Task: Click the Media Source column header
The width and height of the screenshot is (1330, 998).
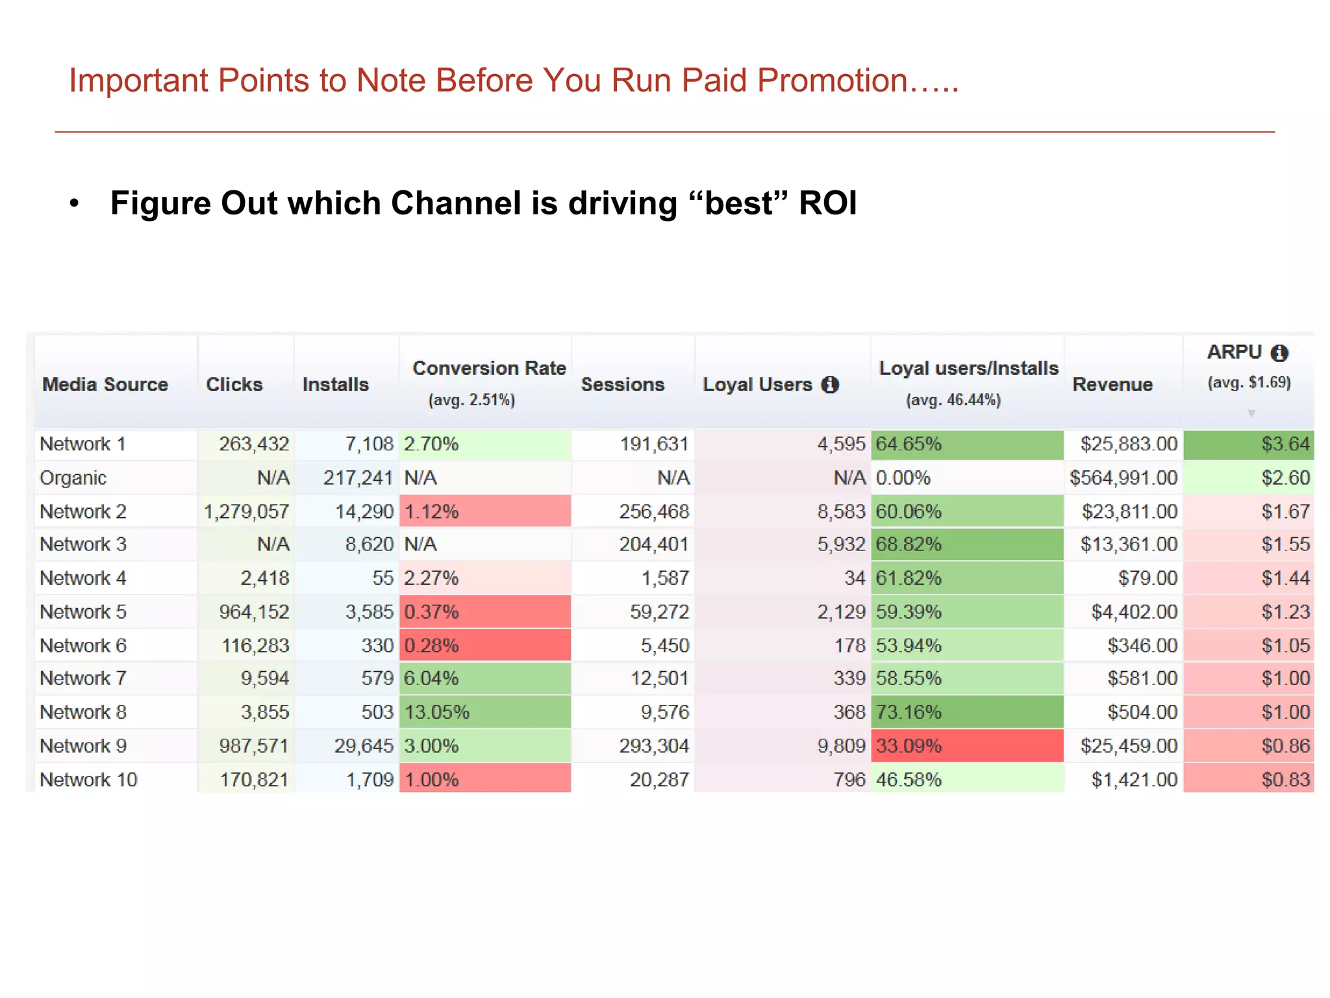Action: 105,384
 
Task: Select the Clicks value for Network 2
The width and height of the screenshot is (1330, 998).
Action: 246,511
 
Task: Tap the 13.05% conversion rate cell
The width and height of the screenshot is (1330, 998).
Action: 436,712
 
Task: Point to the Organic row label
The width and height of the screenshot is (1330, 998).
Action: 73,478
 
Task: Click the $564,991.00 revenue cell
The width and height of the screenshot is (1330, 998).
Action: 1123,478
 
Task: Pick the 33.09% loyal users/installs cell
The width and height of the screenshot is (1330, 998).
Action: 909,746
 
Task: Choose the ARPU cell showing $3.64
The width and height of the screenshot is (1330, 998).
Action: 1285,444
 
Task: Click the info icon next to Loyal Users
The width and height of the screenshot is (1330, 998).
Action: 830,385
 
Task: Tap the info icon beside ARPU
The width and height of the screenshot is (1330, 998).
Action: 1279,353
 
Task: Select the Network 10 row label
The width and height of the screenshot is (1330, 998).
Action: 88,780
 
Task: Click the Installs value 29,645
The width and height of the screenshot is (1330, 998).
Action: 364,746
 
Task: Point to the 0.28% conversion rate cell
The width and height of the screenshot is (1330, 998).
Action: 431,645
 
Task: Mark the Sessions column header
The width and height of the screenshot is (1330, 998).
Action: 622,384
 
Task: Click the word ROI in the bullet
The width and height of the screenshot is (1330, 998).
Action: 827,203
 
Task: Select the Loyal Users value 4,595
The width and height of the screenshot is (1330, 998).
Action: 841,444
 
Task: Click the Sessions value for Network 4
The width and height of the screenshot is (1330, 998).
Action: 665,578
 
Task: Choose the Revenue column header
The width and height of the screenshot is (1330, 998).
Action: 1112,384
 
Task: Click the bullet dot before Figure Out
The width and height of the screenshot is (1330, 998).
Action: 75,203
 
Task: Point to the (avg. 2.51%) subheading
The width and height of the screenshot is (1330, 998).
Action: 471,400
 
